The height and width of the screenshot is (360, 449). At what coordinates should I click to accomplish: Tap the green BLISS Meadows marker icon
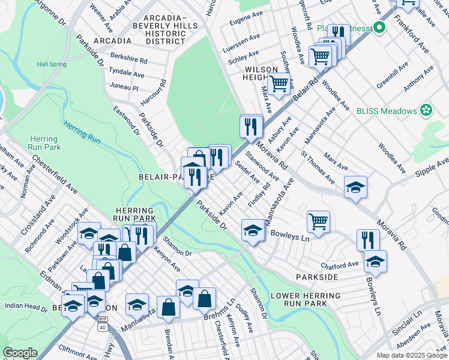coord(426,110)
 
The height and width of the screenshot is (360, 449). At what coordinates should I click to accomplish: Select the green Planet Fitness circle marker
coord(379,28)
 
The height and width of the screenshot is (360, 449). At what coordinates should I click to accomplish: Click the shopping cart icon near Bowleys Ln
coord(318,221)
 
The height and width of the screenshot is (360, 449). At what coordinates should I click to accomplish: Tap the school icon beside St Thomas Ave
coord(355,187)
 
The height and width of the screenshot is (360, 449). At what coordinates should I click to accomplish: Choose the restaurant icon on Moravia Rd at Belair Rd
coord(250,126)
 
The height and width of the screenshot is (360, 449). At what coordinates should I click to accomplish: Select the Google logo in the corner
coord(20,353)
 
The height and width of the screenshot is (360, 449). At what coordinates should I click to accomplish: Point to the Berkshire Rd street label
coord(128,61)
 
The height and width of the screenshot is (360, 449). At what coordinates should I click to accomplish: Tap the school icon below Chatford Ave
coord(375,262)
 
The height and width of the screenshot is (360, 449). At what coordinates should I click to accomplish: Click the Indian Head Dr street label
coord(26,307)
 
